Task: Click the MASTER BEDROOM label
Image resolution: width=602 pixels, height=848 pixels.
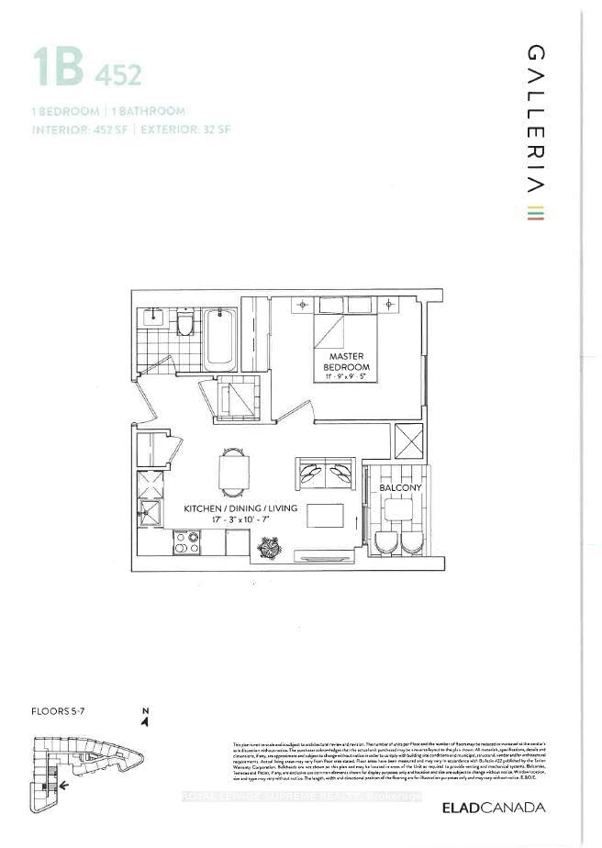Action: click(344, 362)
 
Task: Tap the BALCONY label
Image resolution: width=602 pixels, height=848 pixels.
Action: click(397, 475)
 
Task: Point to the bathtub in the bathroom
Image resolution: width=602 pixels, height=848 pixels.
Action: click(220, 340)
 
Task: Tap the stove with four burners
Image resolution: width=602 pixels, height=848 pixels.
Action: click(187, 542)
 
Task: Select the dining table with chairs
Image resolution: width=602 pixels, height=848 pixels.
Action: click(233, 471)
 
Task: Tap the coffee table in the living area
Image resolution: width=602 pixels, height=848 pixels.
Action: click(324, 515)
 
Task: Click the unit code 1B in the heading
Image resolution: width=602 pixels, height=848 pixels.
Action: click(59, 68)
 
